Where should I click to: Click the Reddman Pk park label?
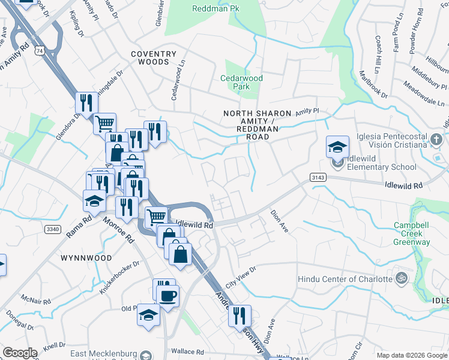tap(215, 8)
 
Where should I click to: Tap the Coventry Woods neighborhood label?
tap(154, 58)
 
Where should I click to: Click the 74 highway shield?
tap(39, 52)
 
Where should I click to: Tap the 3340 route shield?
tap(52, 229)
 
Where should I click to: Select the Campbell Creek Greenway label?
tap(411, 233)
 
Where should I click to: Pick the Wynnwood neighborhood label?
tap(86, 258)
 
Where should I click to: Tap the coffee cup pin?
tap(167, 295)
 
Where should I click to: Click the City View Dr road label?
tap(241, 275)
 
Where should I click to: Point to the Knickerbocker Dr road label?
tap(119, 277)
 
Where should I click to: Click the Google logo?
tap(19, 353)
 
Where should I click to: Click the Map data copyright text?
tap(412, 355)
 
